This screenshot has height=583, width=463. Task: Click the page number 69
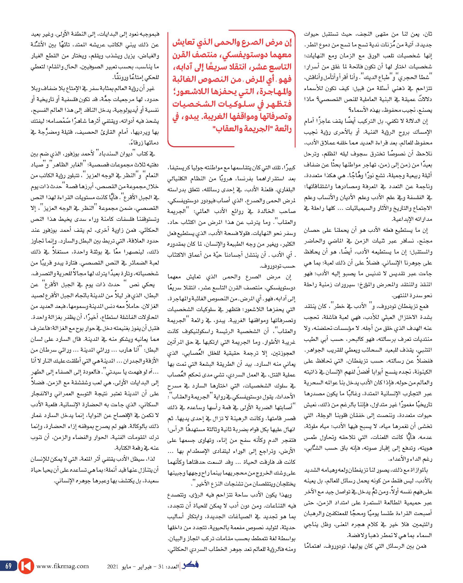pyautogui.click(x=8, y=566)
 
